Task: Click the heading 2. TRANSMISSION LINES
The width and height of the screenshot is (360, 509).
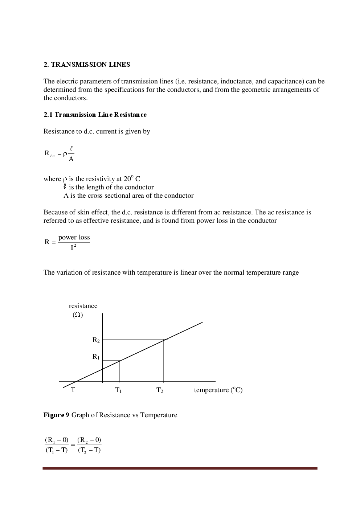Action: [x=87, y=65]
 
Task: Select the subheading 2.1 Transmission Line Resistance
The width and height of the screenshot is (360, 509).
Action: [x=95, y=115]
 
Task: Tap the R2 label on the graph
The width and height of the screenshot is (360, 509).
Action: [x=96, y=340]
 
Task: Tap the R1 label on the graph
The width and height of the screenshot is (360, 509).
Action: [x=96, y=357]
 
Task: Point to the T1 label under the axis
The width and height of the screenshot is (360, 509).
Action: [x=118, y=390]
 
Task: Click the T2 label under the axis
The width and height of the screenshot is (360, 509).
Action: [x=160, y=390]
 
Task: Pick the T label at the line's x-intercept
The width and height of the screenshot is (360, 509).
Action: [x=73, y=390]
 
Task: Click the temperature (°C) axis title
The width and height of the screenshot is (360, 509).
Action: [x=218, y=390]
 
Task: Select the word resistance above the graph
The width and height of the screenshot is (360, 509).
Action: [x=83, y=306]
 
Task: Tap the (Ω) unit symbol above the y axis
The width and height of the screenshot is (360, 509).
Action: [x=78, y=315]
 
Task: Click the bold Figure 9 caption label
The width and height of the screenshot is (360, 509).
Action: [x=56, y=415]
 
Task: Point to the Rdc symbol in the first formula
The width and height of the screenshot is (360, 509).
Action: [x=49, y=153]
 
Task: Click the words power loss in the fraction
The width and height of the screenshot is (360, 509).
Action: [x=74, y=237]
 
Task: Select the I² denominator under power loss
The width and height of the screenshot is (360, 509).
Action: [x=73, y=248]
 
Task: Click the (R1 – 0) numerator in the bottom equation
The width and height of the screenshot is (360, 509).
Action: [x=57, y=440]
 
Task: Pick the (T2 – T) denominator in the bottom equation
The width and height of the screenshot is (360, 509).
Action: [x=89, y=450]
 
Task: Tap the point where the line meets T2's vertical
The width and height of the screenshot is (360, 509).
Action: [x=163, y=340]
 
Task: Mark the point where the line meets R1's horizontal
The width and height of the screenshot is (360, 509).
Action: [x=120, y=360]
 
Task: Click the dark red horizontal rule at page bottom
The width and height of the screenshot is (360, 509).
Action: [x=180, y=468]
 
